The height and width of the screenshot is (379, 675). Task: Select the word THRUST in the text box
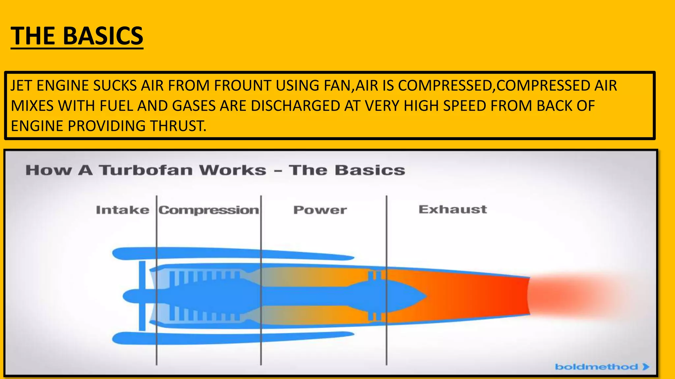(178, 126)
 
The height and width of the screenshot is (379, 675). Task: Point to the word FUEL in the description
(116, 106)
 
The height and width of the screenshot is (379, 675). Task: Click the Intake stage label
(122, 210)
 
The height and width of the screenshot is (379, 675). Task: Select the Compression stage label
(209, 210)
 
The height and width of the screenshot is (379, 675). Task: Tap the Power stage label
(320, 210)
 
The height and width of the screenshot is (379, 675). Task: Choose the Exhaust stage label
(453, 209)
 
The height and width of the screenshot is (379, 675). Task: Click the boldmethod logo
(602, 366)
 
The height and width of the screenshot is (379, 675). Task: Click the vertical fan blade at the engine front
(142, 295)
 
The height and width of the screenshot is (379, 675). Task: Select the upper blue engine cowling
(231, 253)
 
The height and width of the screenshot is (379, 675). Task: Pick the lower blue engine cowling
(231, 338)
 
